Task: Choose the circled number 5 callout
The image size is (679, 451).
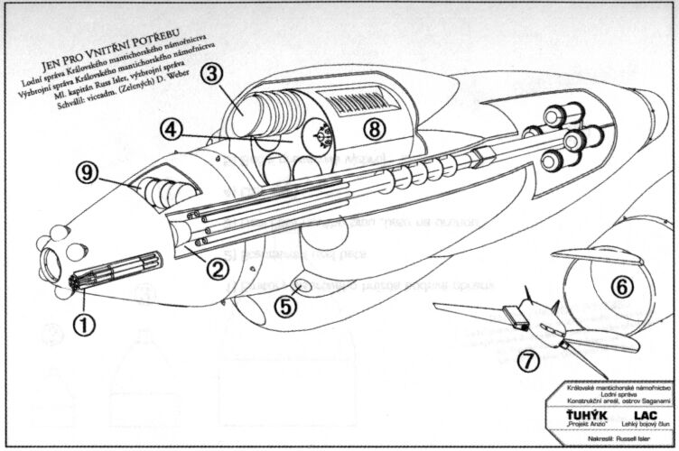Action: [x=285, y=305]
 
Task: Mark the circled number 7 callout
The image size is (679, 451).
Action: [x=528, y=362]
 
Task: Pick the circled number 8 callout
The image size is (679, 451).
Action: [x=375, y=129]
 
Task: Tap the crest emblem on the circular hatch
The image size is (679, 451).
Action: [x=320, y=135]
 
